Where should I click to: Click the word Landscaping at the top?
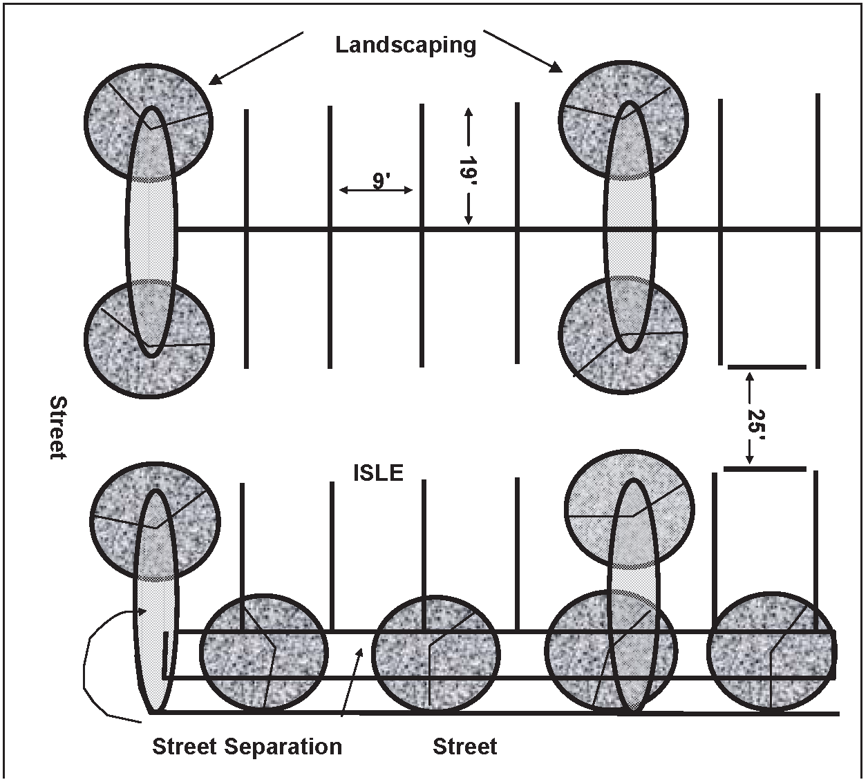click(x=406, y=45)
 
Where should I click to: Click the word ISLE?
click(x=378, y=473)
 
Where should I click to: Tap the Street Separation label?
click(x=247, y=747)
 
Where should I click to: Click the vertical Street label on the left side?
click(x=58, y=427)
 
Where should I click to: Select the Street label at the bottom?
click(x=464, y=747)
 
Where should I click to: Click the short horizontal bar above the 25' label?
click(x=767, y=367)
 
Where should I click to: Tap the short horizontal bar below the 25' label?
click(x=765, y=469)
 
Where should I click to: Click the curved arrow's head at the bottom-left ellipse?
click(x=143, y=610)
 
